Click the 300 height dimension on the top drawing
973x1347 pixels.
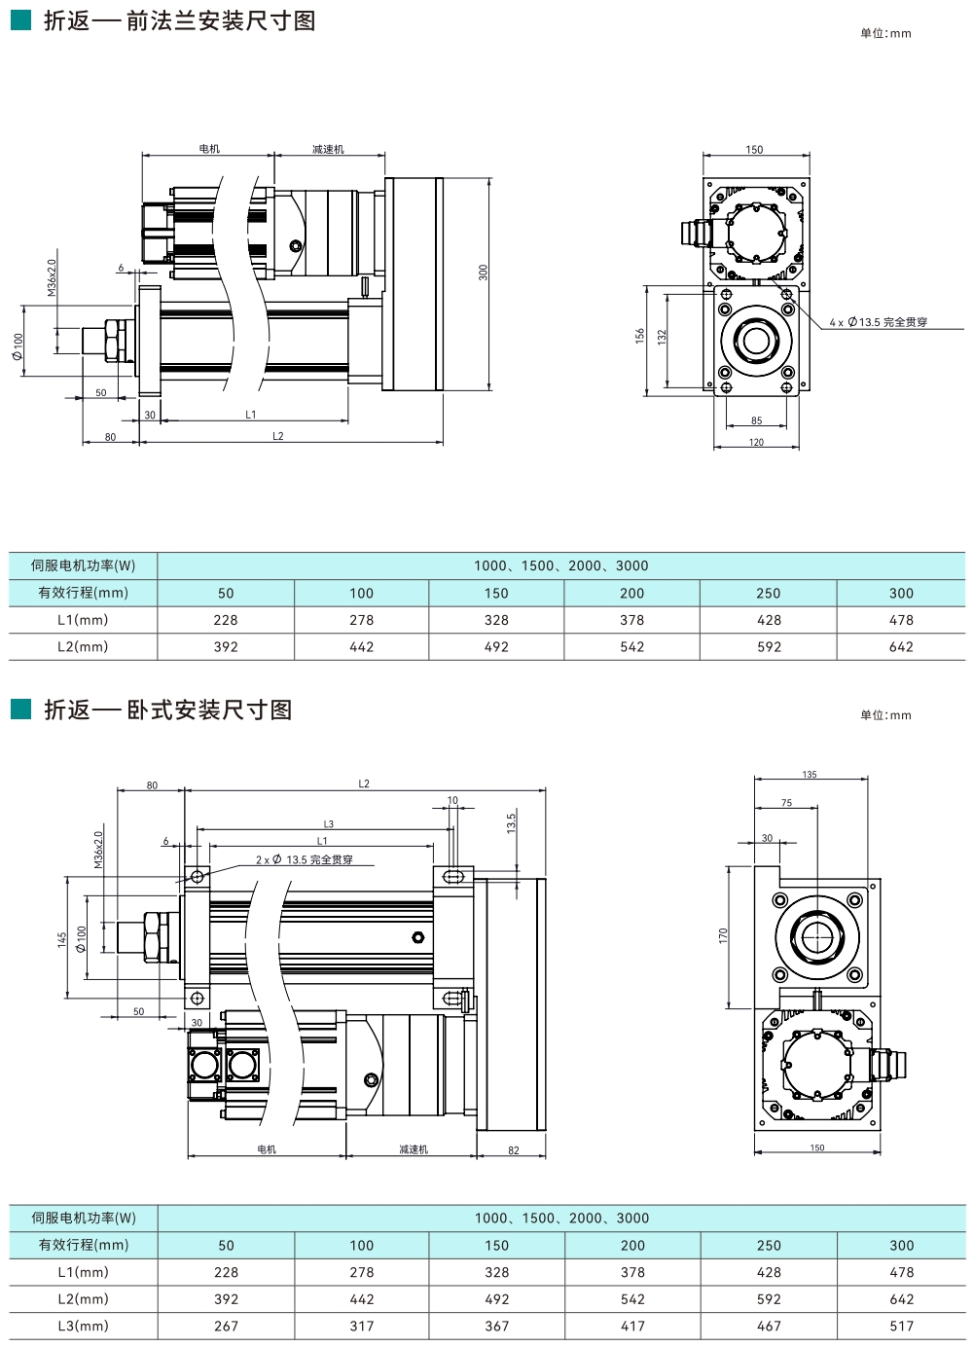[483, 273]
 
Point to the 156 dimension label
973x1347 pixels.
[640, 336]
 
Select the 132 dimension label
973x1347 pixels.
[662, 337]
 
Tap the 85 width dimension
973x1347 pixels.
[757, 421]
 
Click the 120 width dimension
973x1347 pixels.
[757, 443]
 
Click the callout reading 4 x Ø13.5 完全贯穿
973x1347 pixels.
[878, 322]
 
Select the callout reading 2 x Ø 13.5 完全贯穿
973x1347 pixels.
[304, 859]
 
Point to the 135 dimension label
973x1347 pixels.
[810, 775]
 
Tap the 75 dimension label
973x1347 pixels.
[786, 803]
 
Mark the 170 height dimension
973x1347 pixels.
[723, 934]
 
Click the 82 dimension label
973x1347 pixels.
[514, 1150]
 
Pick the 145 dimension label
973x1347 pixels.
[62, 939]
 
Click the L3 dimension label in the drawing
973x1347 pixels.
[329, 824]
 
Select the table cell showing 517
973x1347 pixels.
[902, 1326]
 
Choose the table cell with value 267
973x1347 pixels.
[226, 1326]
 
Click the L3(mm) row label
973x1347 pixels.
[84, 1326]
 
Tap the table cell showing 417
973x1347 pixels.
[632, 1326]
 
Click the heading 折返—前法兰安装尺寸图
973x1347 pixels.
[180, 20]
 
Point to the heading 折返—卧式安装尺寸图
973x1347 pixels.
[168, 710]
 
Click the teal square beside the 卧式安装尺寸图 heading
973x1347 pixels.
[20, 710]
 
